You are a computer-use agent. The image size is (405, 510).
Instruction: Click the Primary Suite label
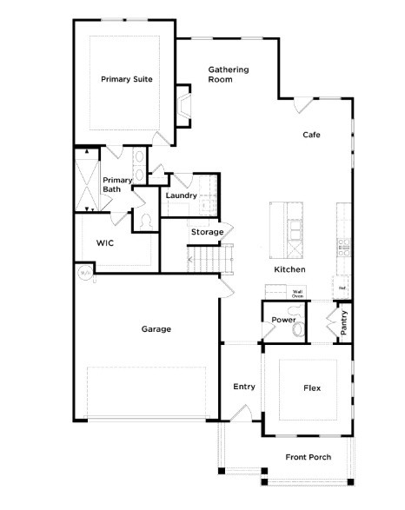click(127, 79)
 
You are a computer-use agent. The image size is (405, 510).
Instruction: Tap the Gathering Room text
click(229, 74)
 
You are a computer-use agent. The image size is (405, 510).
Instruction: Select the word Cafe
click(312, 135)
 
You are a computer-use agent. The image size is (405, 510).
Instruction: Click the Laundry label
click(181, 195)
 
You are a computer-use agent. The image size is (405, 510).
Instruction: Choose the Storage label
click(207, 232)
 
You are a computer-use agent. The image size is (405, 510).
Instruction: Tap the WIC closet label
click(105, 242)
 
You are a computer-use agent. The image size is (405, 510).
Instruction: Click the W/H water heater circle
click(85, 273)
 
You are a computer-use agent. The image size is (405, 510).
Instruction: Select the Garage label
click(156, 329)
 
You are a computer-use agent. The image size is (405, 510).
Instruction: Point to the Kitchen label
click(289, 270)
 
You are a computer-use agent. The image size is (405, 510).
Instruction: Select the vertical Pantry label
click(343, 323)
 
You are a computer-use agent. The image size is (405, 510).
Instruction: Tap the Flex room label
click(312, 387)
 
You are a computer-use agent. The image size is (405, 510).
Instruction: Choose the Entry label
click(244, 386)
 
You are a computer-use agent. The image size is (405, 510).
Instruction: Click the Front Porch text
click(308, 457)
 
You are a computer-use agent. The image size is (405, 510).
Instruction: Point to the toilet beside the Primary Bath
click(143, 223)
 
